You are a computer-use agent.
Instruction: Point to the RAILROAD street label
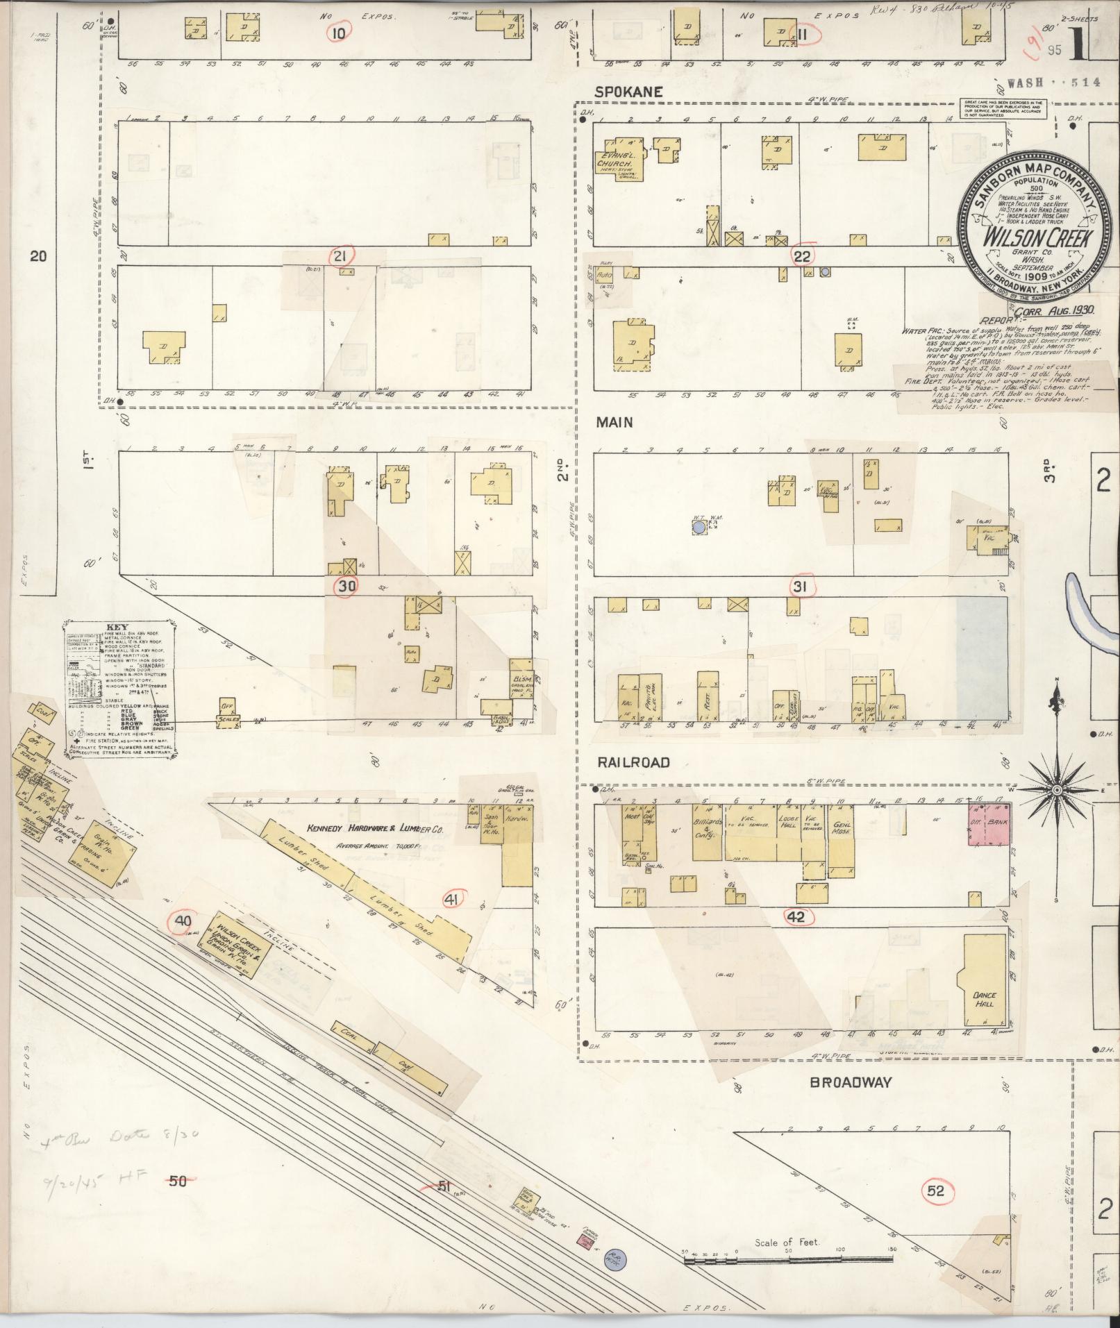(634, 762)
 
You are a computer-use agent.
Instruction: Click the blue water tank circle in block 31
(699, 528)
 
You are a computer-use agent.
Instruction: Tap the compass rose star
(1056, 790)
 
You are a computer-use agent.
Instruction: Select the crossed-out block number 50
(178, 1179)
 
